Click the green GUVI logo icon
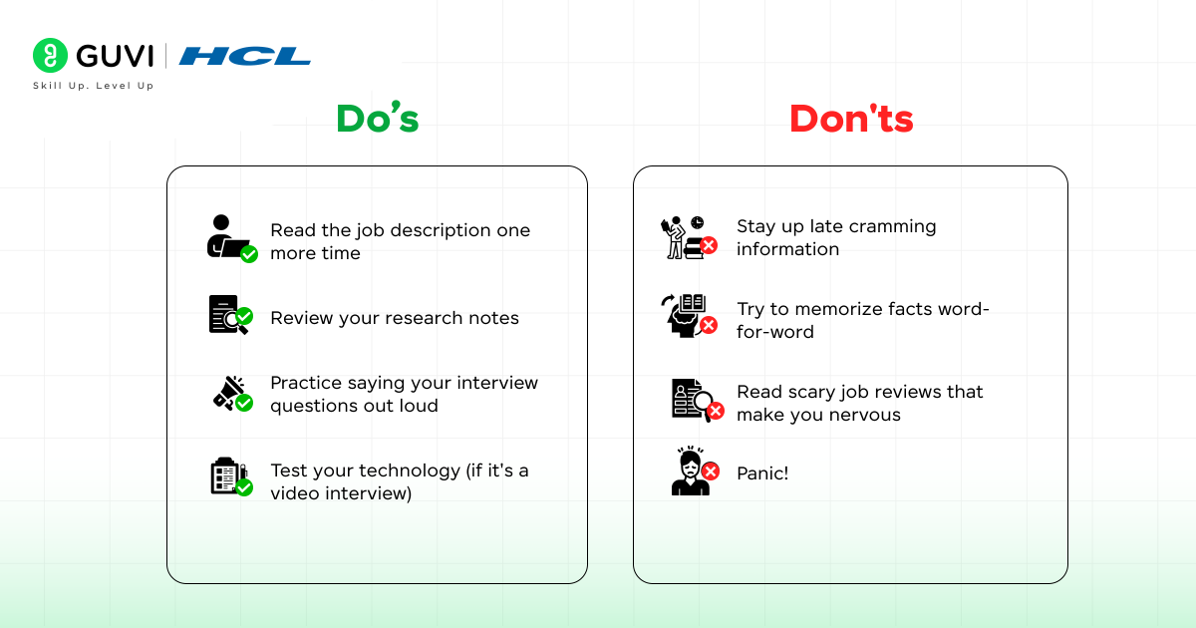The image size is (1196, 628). tap(50, 56)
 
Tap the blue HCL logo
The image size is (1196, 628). tap(245, 56)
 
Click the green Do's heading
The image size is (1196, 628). tap(377, 119)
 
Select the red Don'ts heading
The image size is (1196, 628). tap(851, 119)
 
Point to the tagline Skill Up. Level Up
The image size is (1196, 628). tap(94, 86)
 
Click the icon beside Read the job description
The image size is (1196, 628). tap(230, 238)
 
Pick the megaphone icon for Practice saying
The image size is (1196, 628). tap(231, 393)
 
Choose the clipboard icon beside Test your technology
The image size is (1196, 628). tap(229, 476)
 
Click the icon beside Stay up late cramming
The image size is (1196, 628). tap(688, 237)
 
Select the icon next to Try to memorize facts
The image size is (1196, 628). tap(688, 315)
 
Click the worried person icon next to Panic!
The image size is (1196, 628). tap(692, 472)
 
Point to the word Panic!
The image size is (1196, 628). tap(762, 473)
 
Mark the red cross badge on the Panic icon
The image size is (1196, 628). tap(710, 471)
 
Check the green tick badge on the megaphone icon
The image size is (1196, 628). tap(244, 403)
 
